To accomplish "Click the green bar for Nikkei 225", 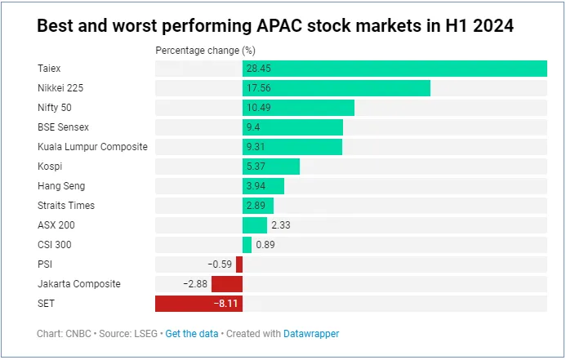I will (336, 88).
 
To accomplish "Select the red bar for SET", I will (198, 304).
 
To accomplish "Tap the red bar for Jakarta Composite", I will (226, 284).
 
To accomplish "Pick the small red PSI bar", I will (239, 264).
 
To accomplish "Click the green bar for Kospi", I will (270, 167).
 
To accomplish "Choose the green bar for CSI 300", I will (247, 245).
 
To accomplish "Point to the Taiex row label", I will (49, 69).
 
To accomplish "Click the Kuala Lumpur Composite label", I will (92, 147).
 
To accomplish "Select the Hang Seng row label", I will (61, 186).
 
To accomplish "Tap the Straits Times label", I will (68, 206).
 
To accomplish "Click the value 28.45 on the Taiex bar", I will (258, 69).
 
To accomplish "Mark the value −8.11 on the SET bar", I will (225, 304).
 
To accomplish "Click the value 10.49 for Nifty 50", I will (258, 108).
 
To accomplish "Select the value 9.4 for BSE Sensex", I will (253, 127).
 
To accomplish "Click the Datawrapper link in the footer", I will (311, 334).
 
